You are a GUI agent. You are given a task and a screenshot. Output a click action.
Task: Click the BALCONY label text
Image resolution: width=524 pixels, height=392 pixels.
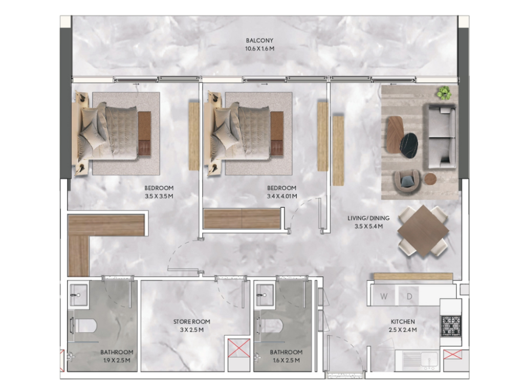pos(259,40)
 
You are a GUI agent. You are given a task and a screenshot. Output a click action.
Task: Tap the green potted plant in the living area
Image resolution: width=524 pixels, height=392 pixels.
pos(444,93)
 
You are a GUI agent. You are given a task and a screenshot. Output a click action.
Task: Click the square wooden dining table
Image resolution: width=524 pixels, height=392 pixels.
pos(423,231)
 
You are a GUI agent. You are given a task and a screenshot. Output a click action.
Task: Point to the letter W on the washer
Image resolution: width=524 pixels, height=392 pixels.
pos(384,296)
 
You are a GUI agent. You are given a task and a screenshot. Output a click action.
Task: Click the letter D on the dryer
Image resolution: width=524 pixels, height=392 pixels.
pos(409,296)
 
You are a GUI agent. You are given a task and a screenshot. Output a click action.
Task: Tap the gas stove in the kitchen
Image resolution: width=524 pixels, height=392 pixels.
pos(451,326)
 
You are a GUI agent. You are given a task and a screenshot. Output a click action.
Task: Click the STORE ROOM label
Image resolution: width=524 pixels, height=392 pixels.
pos(191,322)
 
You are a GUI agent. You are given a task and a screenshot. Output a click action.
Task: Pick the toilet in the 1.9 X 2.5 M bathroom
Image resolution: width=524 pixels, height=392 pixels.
pos(83,325)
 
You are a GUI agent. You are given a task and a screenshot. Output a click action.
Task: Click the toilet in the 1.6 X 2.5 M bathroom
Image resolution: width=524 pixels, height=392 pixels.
pos(270,325)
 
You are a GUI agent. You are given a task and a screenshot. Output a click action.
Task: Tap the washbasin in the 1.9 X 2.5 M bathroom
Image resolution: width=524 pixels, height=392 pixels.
pos(78,295)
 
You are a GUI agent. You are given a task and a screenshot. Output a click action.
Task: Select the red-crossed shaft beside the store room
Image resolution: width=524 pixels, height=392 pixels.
pos(239,347)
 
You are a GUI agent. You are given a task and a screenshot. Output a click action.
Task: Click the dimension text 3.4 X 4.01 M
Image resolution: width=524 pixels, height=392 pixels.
pos(282,196)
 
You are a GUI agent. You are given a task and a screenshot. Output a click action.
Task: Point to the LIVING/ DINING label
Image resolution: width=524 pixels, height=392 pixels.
pos(368,218)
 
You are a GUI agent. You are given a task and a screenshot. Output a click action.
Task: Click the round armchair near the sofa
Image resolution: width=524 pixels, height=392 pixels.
pos(407,182)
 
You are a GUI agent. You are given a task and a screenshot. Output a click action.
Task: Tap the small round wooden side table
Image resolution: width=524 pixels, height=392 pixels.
pos(430,179)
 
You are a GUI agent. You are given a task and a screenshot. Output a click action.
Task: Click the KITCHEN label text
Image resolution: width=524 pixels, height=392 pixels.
pos(403,322)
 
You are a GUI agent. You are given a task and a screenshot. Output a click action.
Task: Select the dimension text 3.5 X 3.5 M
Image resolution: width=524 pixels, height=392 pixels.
pos(159,196)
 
